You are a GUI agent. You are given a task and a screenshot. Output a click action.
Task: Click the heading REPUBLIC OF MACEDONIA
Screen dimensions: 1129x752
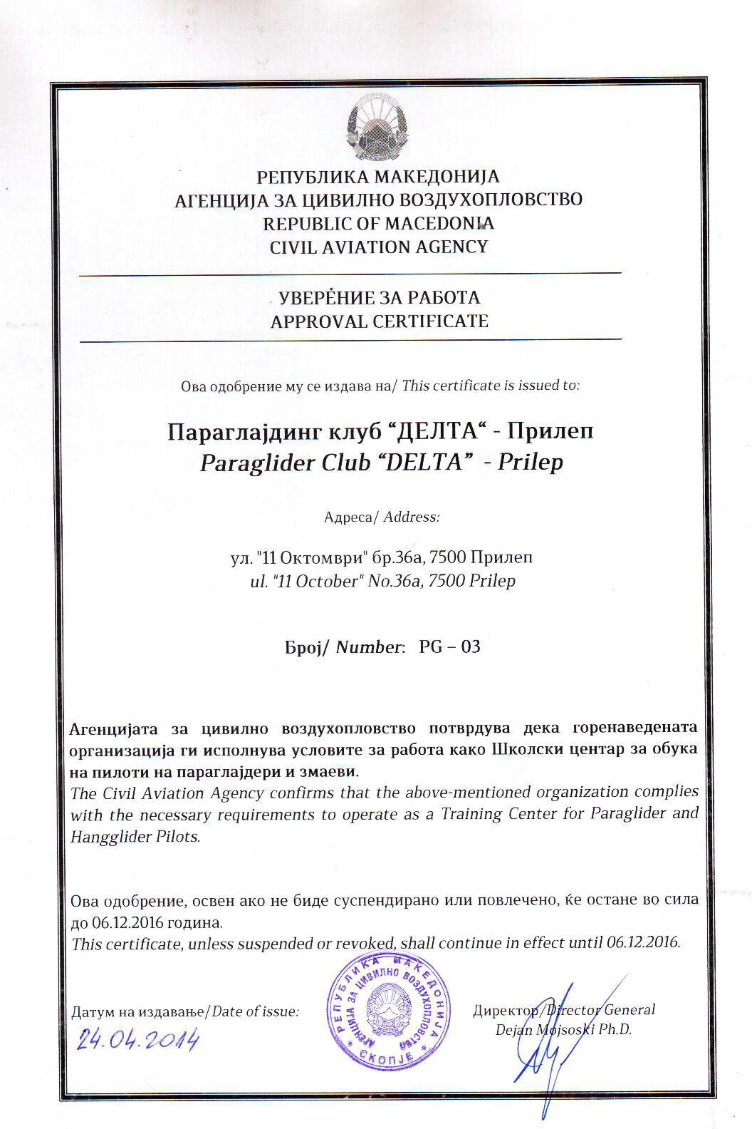378,224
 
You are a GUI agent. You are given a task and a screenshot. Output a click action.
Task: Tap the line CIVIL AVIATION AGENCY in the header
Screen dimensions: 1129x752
378,247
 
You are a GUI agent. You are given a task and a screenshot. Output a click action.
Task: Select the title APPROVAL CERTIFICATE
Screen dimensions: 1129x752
379,321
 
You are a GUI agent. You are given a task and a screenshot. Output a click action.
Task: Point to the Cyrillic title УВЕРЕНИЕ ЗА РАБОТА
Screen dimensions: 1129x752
379,297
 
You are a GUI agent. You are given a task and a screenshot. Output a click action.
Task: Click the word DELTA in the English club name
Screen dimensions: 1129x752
423,463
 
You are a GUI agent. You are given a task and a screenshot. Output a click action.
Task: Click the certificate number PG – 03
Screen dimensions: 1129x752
449,646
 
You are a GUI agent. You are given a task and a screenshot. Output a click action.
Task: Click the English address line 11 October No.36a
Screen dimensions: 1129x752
378,581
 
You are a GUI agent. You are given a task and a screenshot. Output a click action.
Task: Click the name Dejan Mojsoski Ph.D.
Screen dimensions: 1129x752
563,1029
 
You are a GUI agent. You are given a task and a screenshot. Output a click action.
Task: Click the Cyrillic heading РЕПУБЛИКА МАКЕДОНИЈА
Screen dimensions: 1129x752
378,176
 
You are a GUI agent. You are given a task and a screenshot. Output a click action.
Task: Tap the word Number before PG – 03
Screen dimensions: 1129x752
368,647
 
